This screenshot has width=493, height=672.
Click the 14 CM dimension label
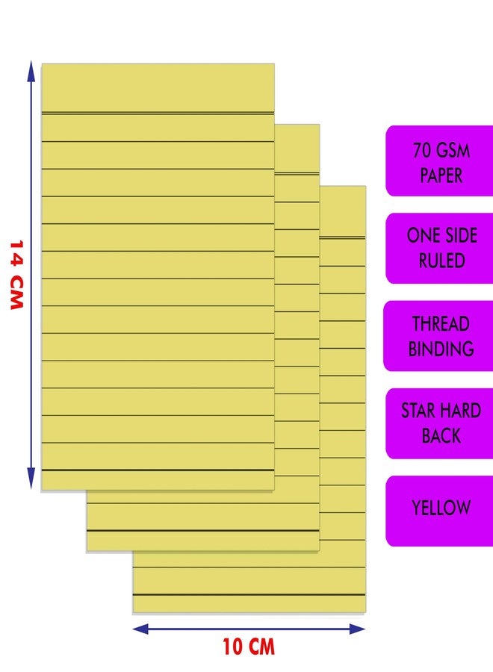[16, 275]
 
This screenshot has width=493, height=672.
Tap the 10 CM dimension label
[249, 647]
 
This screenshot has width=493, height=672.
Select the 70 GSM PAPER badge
[439, 161]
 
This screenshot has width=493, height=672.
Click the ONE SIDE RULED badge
[439, 248]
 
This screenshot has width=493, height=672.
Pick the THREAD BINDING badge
[438, 336]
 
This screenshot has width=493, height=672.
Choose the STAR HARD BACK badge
[439, 423]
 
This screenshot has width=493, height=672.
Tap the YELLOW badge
[439, 511]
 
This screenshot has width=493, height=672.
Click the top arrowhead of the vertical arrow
[31, 71]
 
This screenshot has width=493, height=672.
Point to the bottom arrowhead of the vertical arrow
[31, 479]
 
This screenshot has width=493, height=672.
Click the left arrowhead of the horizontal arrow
[140, 629]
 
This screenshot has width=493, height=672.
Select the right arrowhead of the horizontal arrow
[356, 629]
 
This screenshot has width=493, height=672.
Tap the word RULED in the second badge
[441, 261]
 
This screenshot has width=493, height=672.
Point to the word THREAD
[441, 323]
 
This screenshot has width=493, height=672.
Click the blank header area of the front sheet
[158, 88]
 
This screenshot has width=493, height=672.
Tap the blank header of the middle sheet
[297, 149]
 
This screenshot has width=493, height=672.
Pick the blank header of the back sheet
[343, 211]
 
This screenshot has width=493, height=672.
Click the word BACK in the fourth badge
[441, 436]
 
